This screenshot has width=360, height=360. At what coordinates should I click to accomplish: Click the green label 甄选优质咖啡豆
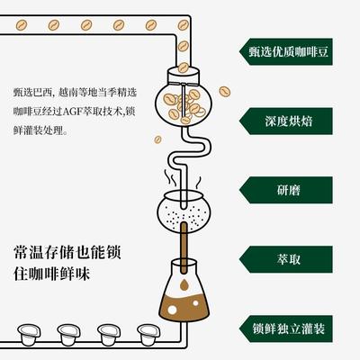[286, 51]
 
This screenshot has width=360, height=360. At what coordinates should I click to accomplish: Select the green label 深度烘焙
[286, 121]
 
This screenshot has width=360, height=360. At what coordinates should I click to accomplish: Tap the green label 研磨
[286, 190]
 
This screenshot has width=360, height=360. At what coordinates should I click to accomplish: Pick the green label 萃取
[286, 259]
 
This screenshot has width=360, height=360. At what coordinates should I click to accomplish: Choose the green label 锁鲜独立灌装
[286, 328]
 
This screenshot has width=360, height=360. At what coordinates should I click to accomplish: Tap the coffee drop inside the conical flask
[184, 283]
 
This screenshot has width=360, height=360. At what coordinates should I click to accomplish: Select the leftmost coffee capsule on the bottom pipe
[29, 335]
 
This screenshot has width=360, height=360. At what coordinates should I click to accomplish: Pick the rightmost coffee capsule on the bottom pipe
[148, 335]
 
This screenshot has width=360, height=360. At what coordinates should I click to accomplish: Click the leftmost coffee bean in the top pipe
[22, 25]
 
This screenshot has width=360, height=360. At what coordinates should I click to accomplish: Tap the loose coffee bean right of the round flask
[224, 92]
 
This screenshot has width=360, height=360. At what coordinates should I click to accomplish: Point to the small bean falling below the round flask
[157, 139]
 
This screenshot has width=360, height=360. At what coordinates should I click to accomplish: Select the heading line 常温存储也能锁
[67, 252]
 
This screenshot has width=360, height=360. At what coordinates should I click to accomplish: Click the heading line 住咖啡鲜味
[51, 274]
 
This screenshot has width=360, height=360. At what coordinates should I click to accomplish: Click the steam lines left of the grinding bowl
[170, 177]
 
